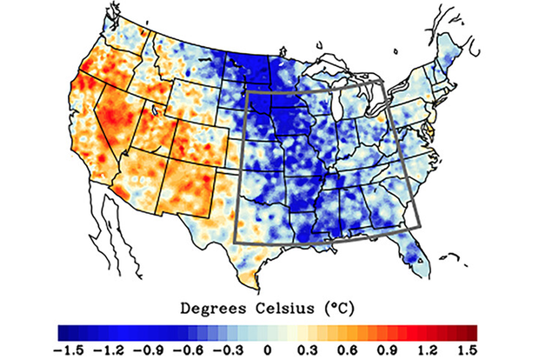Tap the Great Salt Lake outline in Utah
pyautogui.click(x=153, y=110)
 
